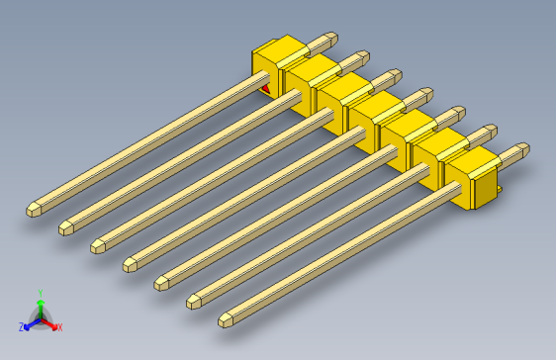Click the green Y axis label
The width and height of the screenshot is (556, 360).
click(40, 293)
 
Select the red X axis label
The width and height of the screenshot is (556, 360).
click(59, 327)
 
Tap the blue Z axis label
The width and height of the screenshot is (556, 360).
click(21, 327)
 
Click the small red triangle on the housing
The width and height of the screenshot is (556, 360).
click(264, 90)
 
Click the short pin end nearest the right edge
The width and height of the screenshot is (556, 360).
click(521, 149)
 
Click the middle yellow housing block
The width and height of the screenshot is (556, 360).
click(371, 119)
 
